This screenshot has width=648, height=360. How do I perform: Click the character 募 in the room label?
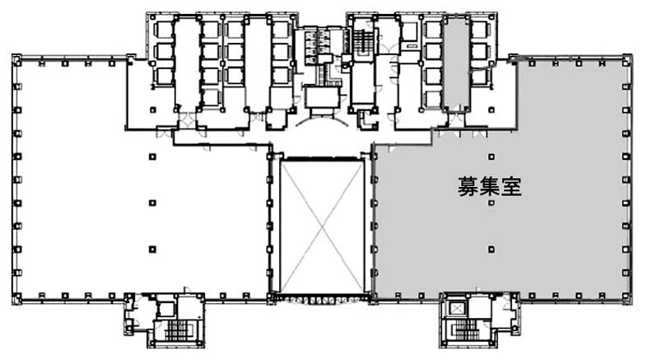(468, 187)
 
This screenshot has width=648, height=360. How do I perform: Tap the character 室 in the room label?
(510, 187)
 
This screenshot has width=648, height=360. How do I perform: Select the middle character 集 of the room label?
(489, 187)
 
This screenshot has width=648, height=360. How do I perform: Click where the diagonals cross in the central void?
(322, 226)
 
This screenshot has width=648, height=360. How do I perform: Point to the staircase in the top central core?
(362, 40)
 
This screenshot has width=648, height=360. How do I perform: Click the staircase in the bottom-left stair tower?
(179, 330)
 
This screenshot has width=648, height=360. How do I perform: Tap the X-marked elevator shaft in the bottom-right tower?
(457, 308)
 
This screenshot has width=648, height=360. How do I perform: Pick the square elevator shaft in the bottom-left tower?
(166, 309)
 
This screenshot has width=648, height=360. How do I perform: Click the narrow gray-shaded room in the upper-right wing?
(456, 64)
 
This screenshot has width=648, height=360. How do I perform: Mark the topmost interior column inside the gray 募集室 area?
(492, 157)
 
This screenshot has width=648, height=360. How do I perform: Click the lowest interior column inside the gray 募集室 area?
(492, 250)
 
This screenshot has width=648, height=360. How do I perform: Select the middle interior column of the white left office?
(152, 203)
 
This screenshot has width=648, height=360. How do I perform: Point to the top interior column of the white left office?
(152, 157)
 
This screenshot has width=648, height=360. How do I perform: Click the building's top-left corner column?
(17, 60)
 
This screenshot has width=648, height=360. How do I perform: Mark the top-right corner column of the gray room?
(627, 60)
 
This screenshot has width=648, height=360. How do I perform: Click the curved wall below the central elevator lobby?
(322, 121)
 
